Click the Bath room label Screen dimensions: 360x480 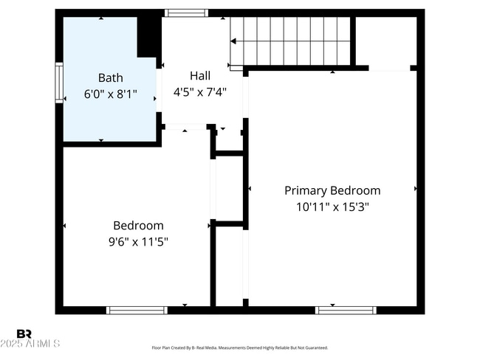[x=111, y=77]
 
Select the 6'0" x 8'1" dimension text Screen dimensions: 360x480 [x=111, y=94]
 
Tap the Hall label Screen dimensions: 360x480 [x=199, y=75]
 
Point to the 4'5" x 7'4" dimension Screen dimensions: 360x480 [x=199, y=92]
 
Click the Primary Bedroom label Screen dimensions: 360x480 [x=332, y=190]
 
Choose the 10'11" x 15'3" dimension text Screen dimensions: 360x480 [x=332, y=207]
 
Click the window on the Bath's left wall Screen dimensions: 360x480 [x=59, y=83]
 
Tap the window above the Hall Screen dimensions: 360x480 [x=186, y=13]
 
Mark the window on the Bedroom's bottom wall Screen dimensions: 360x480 [x=137, y=310]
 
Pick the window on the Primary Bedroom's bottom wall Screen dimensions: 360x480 [x=346, y=310]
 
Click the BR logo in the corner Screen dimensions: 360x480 [x=24, y=333]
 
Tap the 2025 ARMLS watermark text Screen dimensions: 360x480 [x=31, y=344]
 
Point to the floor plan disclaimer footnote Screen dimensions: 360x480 [x=239, y=347]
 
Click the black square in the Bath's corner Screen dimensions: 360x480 [x=149, y=35]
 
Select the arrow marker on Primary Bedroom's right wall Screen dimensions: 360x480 [x=416, y=190]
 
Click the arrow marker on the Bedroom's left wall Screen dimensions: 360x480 [x=65, y=225]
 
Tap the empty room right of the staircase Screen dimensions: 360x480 [x=385, y=41]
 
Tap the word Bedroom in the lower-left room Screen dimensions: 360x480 [x=138, y=226]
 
